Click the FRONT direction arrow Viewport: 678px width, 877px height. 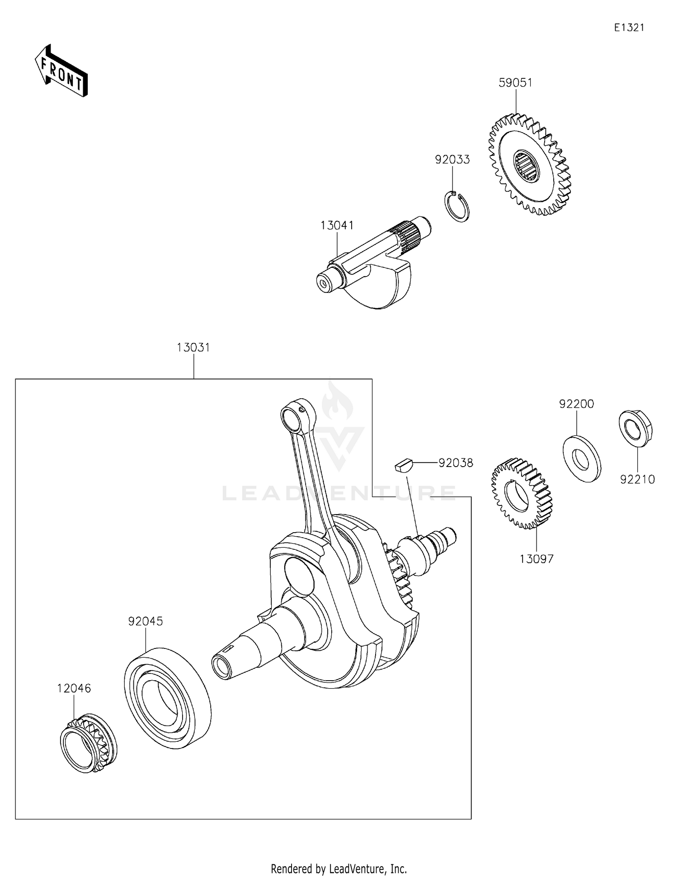[x=61, y=71]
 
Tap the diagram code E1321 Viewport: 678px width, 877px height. [x=629, y=28]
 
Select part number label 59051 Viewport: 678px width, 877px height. [x=515, y=83]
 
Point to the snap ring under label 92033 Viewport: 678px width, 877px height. [x=456, y=207]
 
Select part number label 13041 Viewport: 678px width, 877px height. [x=337, y=225]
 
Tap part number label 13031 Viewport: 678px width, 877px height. [x=193, y=348]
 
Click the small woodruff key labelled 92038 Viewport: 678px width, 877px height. [x=403, y=465]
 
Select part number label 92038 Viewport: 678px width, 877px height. [x=455, y=463]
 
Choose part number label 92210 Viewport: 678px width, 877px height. [x=637, y=480]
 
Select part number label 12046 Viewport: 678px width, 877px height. [x=74, y=688]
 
